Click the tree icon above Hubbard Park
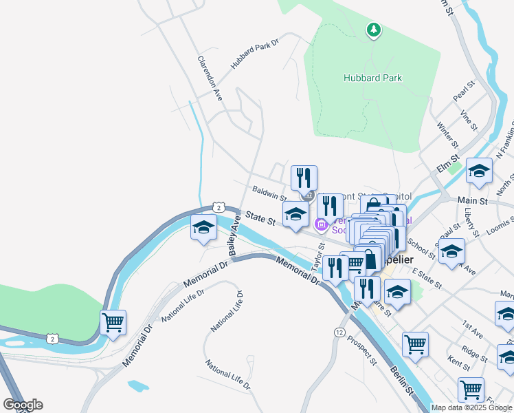point(373,30)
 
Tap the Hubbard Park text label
point(372,78)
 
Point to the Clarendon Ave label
point(210,79)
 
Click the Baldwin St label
point(269,193)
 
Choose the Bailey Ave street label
point(234,238)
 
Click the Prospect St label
point(362,350)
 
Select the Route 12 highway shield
point(339,332)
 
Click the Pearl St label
point(465,92)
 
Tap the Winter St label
point(447,136)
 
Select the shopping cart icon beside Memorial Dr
point(113,322)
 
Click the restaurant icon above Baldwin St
point(304,178)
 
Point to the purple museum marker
point(321,224)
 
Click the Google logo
point(23,405)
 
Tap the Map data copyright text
point(471,407)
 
